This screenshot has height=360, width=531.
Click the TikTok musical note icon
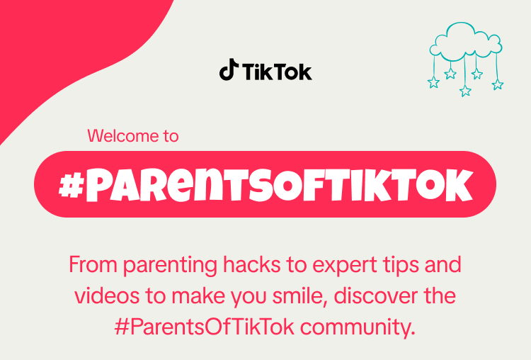228,69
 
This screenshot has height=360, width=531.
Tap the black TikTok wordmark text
277,72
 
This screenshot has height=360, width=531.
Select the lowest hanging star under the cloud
465,91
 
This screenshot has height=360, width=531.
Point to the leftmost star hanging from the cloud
434,82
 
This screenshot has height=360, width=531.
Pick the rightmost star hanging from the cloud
498,84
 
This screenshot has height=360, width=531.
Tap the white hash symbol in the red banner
71,186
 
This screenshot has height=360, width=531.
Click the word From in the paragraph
93,264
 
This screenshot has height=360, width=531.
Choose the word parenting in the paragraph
170,266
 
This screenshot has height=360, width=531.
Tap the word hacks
252,264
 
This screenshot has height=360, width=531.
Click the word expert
344,266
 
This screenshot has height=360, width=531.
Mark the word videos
107,296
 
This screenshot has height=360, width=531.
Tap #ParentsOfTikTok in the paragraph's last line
205,327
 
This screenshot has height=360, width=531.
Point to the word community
358,328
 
